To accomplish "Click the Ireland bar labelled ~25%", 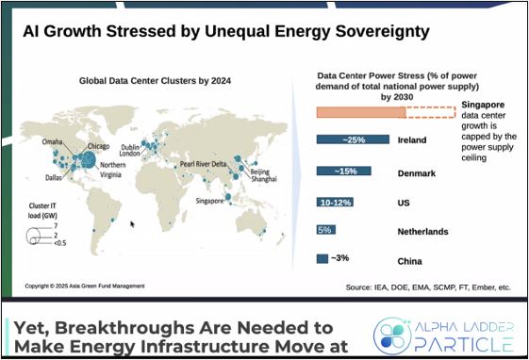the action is (353, 139).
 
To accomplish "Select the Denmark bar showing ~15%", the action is (344, 171).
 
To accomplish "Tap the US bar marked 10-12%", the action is (335, 203).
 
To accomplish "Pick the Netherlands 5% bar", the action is (326, 230).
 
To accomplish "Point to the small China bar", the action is (322, 258).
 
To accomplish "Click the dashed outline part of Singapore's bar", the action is (431, 112).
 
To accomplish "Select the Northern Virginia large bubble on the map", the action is (89, 160).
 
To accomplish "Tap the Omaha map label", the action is (52, 142).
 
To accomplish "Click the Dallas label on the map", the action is (54, 177).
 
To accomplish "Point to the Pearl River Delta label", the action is (203, 164).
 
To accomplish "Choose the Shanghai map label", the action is (264, 179).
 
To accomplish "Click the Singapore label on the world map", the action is (209, 201).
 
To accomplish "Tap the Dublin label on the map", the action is (130, 147).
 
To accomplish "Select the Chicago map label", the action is (98, 146).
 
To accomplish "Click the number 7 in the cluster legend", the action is (56, 226).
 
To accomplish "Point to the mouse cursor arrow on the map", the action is (132, 224).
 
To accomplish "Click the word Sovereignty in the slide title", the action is (383, 32).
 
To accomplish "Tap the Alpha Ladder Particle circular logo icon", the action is (392, 336).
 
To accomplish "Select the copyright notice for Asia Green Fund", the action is (85, 286).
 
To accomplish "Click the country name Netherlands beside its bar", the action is (422, 232).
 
